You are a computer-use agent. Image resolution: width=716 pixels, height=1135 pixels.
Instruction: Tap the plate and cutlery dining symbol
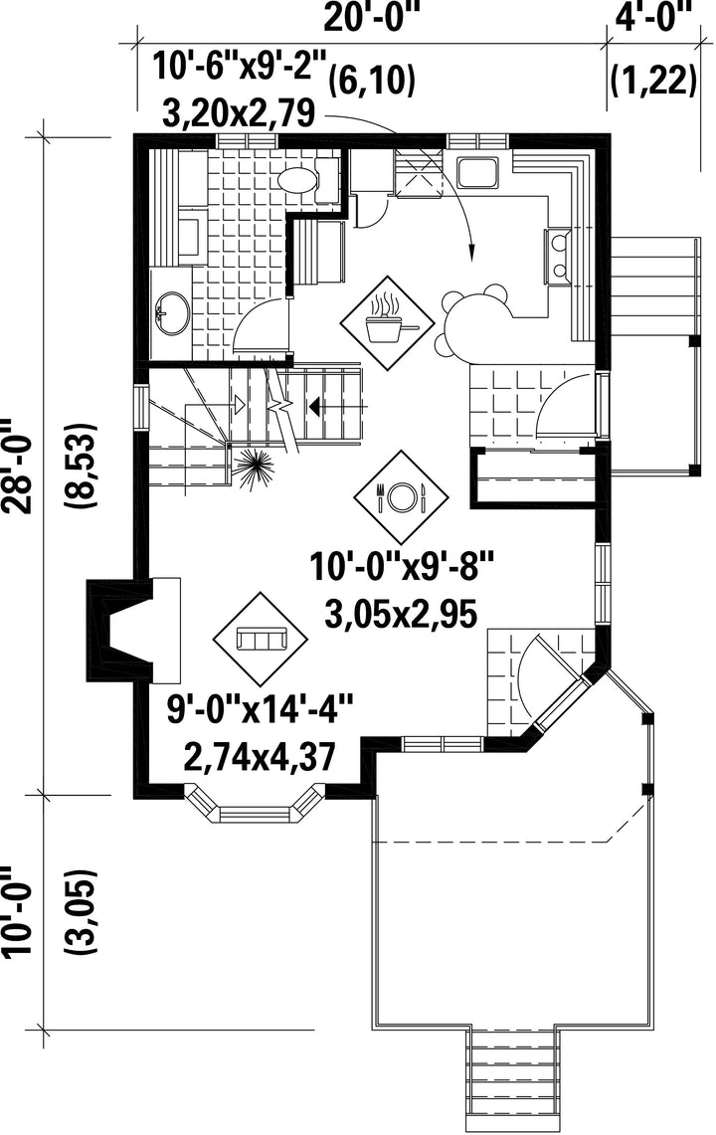tap(401, 496)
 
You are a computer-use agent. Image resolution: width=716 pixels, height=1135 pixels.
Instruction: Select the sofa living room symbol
tap(261, 640)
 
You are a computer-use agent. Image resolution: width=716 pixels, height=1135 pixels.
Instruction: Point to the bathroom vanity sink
tap(172, 313)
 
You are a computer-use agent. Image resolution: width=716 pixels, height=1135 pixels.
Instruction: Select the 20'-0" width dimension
tap(372, 17)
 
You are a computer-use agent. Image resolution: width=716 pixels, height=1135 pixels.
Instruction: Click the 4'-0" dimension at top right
tap(653, 16)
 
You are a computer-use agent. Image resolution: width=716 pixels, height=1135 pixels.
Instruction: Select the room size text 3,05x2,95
tap(401, 615)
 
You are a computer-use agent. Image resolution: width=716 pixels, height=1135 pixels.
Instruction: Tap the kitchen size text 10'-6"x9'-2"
tap(241, 68)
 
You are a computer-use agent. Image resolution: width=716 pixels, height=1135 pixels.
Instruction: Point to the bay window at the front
tap(253, 806)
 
